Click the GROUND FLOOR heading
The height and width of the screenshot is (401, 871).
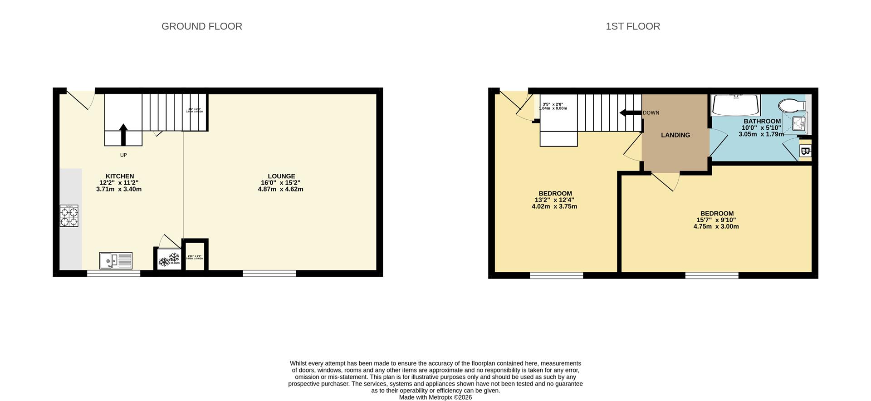pyautogui.click(x=202, y=26)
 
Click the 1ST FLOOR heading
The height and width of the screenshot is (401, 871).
pyautogui.click(x=633, y=26)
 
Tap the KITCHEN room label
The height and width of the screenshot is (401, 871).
pyautogui.click(x=120, y=176)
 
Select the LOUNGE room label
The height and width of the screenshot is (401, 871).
pyautogui.click(x=281, y=176)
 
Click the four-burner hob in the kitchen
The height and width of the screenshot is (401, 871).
pyautogui.click(x=69, y=216)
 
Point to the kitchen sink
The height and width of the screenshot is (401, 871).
pyautogui.click(x=116, y=260)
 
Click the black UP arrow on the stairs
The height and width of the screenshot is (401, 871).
pyautogui.click(x=123, y=135)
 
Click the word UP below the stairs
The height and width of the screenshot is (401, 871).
pyautogui.click(x=123, y=155)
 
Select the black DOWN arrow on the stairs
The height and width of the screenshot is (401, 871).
pyautogui.click(x=630, y=113)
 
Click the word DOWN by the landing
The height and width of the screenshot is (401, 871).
pyautogui.click(x=651, y=113)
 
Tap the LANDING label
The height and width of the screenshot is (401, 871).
pyautogui.click(x=675, y=135)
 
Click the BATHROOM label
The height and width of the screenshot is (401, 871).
pyautogui.click(x=762, y=121)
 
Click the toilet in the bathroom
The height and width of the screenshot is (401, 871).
pyautogui.click(x=791, y=106)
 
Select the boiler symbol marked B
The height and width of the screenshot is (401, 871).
pyautogui.click(x=805, y=152)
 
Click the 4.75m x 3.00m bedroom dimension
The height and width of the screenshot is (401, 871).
pyautogui.click(x=716, y=226)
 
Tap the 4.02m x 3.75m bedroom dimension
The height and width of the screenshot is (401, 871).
pyautogui.click(x=554, y=206)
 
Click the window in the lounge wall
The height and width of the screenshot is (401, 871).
pyautogui.click(x=269, y=273)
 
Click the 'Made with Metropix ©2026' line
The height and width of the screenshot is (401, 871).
pyautogui.click(x=435, y=397)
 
